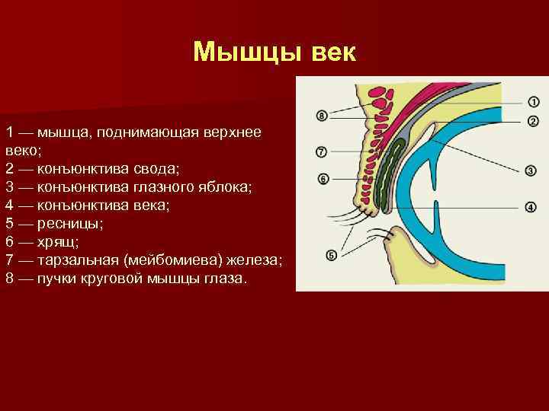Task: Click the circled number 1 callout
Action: coord(532,101)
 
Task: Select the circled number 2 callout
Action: coord(532,121)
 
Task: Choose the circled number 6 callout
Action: coord(322,179)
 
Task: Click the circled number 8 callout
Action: coord(322,116)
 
